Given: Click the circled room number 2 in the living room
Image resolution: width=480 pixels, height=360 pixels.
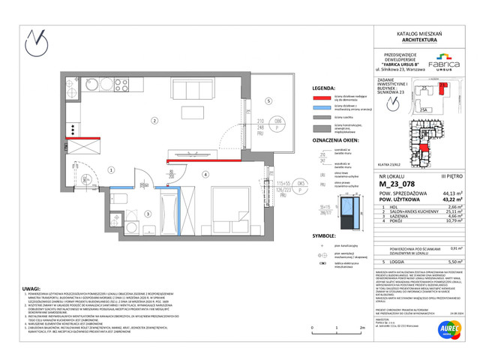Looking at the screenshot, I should click(x=154, y=120).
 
